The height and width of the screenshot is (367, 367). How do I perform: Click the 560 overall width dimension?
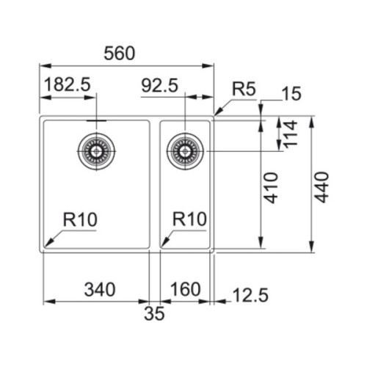120,54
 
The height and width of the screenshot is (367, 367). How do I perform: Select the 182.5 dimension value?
68,84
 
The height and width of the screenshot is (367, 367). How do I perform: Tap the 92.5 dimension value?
160,86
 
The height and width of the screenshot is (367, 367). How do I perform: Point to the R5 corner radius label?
244,89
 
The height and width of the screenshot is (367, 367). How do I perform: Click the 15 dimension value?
291,94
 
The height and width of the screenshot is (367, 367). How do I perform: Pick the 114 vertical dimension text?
290,134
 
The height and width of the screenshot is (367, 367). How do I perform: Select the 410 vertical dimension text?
272,188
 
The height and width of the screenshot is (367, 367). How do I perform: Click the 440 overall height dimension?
321,187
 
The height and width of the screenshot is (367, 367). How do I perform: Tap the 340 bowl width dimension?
100,289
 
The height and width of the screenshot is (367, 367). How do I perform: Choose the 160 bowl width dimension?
185,289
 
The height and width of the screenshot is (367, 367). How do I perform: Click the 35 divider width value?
154,313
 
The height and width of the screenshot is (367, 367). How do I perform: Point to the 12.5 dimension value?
250,295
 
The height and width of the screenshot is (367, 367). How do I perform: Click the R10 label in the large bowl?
80,219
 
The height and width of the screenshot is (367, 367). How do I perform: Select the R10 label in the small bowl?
189,219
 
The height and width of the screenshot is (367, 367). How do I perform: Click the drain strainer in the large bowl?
97,151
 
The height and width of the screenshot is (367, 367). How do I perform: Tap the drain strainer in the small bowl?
185,151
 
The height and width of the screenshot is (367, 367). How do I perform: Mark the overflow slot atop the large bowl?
97,120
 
